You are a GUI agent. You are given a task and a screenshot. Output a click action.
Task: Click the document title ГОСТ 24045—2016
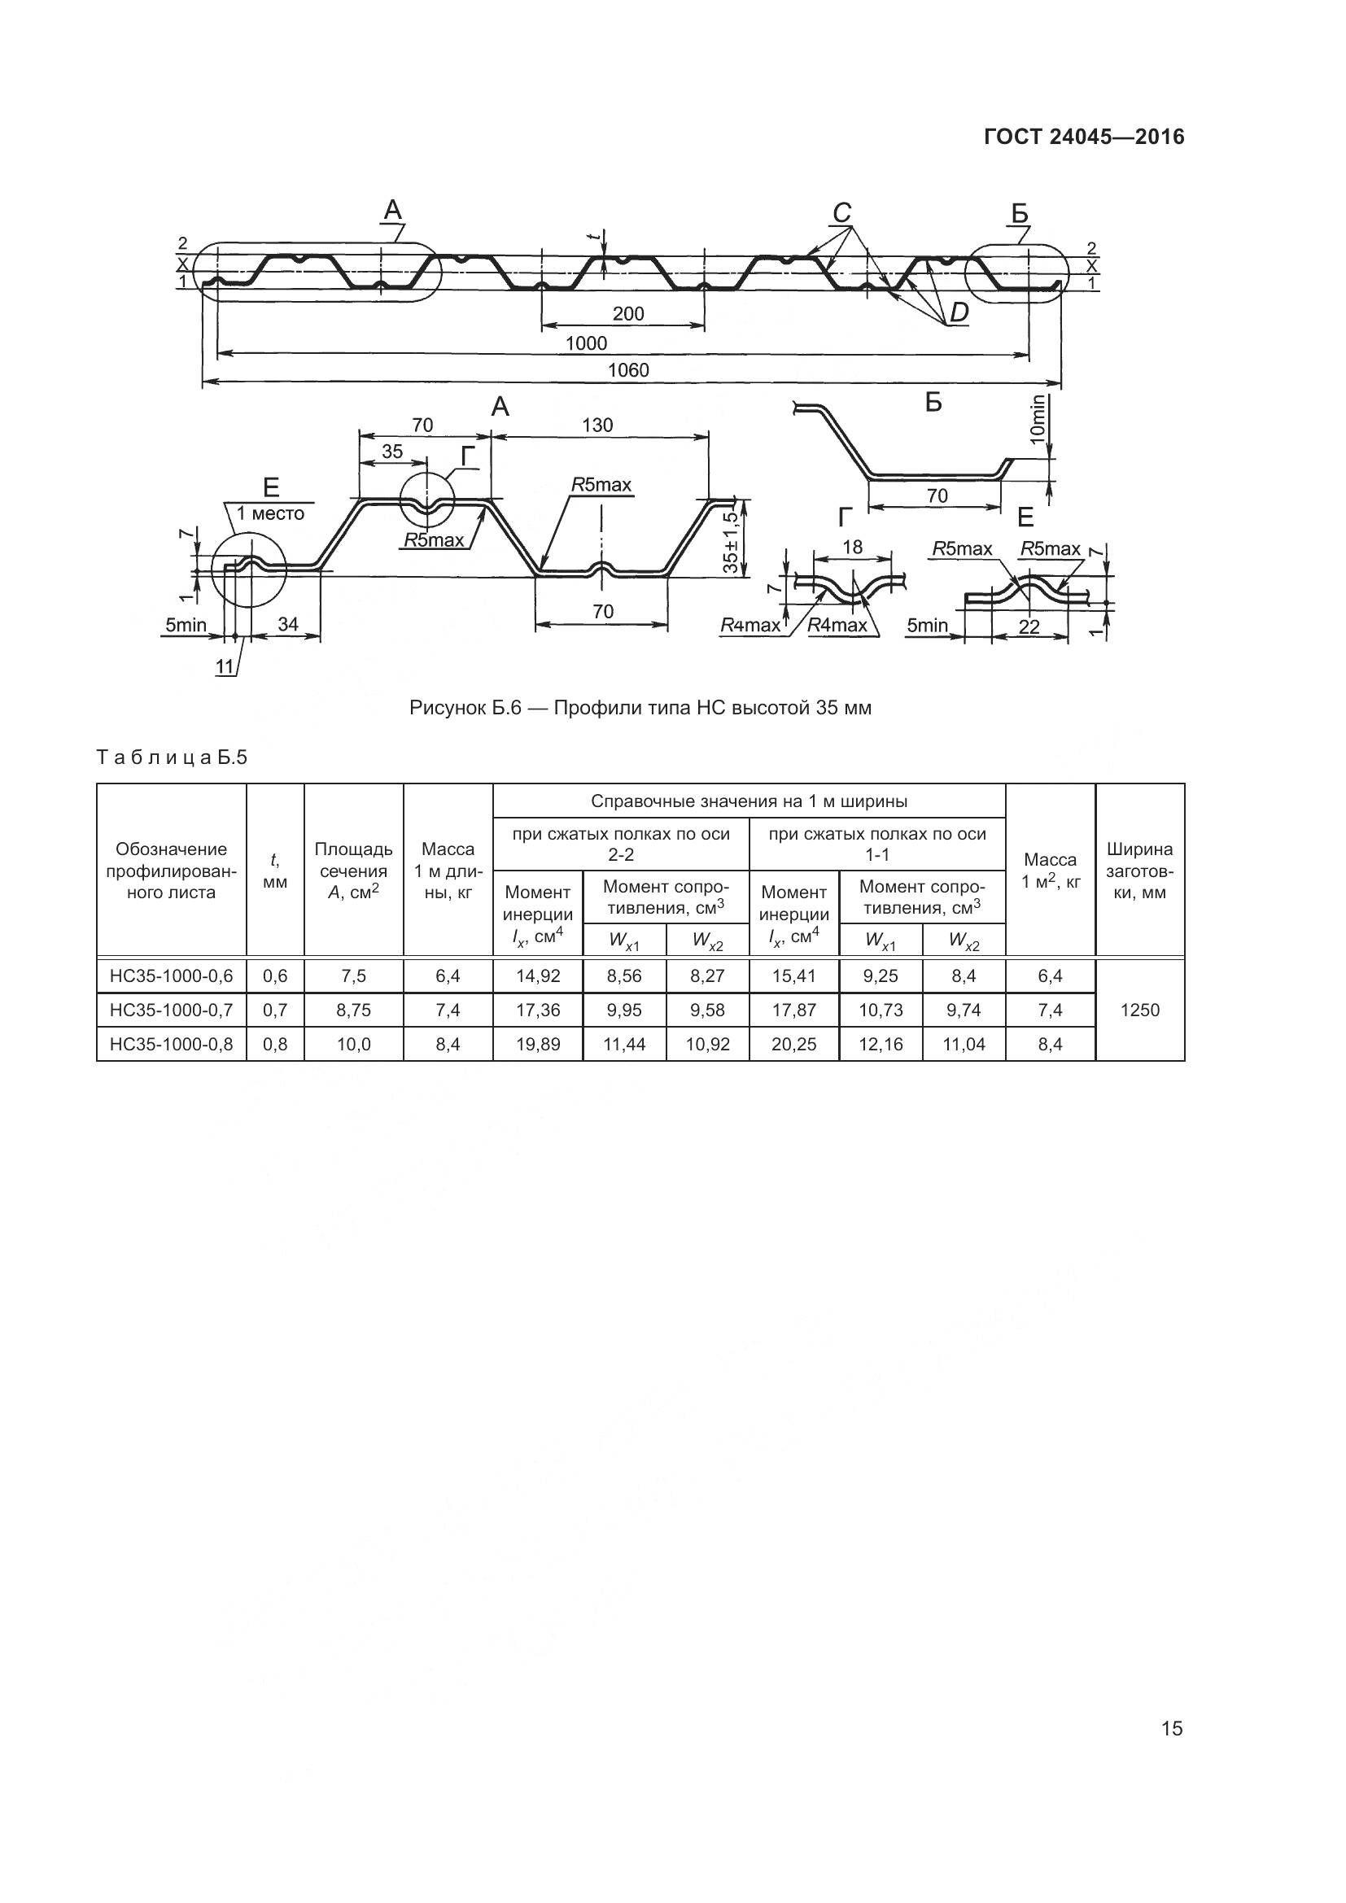pyautogui.click(x=1084, y=137)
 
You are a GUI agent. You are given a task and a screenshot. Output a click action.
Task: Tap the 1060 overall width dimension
pyautogui.click(x=628, y=370)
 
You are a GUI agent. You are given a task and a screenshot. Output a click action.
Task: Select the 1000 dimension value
pyautogui.click(x=586, y=343)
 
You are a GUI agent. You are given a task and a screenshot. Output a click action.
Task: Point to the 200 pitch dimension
pyautogui.click(x=628, y=314)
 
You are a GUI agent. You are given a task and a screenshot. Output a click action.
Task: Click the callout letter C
pyautogui.click(x=842, y=214)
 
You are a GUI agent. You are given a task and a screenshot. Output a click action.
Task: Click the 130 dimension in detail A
pyautogui.click(x=597, y=426)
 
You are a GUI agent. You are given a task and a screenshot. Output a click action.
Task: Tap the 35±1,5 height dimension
pyautogui.click(x=729, y=543)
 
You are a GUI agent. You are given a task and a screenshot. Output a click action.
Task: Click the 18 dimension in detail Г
pyautogui.click(x=852, y=547)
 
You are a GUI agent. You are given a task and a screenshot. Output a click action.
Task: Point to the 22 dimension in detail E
pyautogui.click(x=1029, y=627)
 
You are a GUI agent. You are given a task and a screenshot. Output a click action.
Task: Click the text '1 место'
pyautogui.click(x=270, y=514)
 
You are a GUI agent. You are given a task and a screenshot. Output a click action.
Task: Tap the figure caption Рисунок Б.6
pyautogui.click(x=640, y=709)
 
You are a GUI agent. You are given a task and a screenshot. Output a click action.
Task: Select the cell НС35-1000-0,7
pyautogui.click(x=172, y=1010)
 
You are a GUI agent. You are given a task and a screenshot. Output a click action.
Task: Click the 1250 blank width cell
pyautogui.click(x=1139, y=1010)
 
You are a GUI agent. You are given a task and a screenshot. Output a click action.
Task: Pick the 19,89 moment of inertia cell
pyautogui.click(x=538, y=1045)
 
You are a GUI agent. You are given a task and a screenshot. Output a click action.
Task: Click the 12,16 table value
pyautogui.click(x=881, y=1045)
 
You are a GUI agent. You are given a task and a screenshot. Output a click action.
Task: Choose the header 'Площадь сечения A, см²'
pyautogui.click(x=353, y=871)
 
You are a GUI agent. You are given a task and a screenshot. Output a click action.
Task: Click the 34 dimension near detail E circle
pyautogui.click(x=287, y=625)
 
